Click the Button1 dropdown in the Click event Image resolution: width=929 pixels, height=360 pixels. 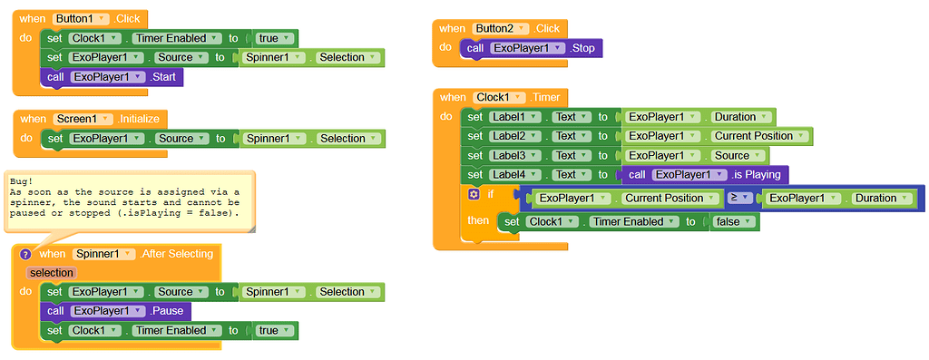tap(83, 19)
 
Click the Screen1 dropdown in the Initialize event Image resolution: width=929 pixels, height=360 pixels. tap(83, 119)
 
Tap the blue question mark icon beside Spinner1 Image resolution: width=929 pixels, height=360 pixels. tap(25, 254)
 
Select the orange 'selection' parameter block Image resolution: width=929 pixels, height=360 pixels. tap(51, 272)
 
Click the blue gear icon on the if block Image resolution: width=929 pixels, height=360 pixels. tap(474, 194)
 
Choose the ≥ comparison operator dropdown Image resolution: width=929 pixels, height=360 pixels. tap(740, 198)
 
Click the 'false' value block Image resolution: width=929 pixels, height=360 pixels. tap(729, 221)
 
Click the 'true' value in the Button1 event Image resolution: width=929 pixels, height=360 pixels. tap(273, 38)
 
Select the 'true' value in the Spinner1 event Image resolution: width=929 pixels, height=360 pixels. tap(273, 330)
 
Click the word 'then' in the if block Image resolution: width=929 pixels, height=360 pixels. tap(477, 220)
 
